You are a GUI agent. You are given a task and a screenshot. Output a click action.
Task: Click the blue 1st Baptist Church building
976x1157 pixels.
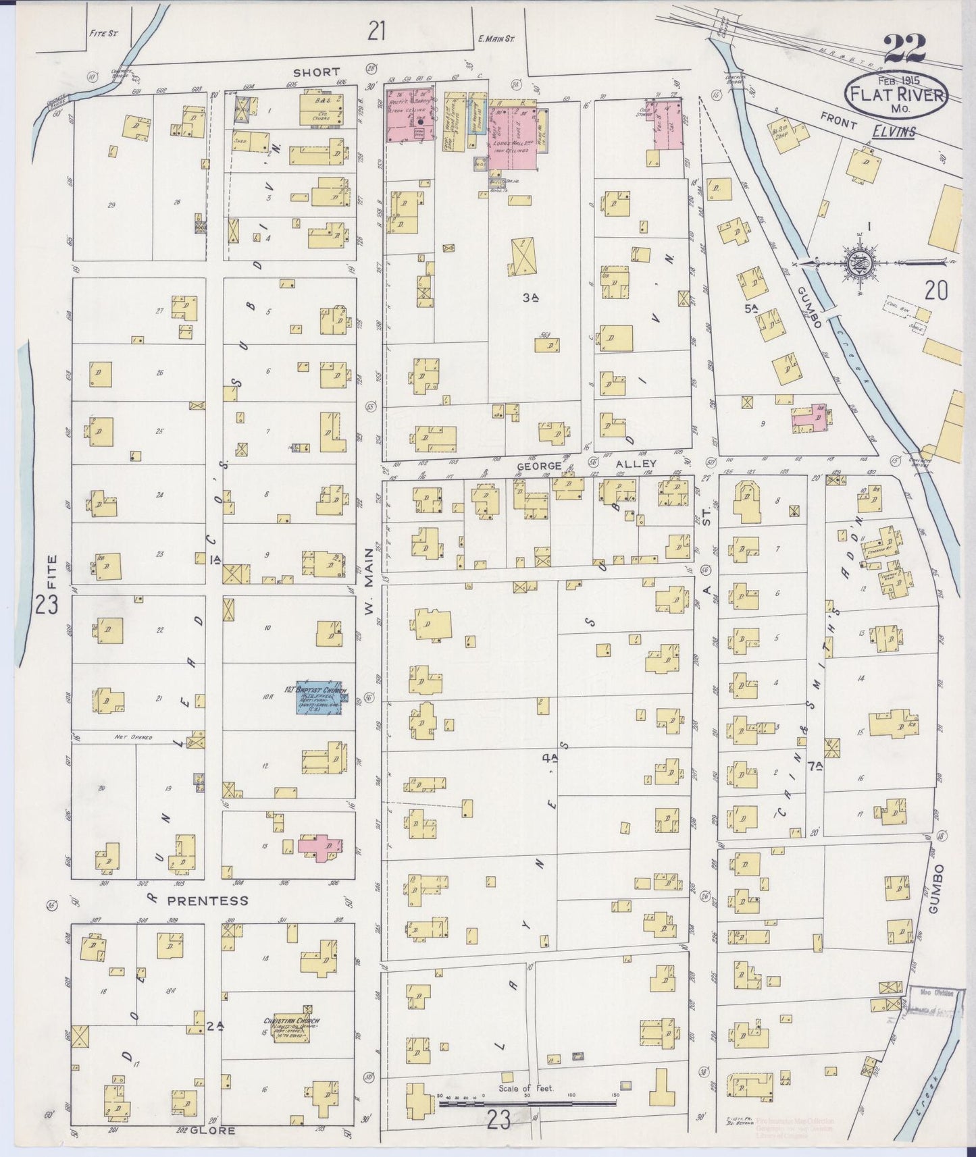pyautogui.click(x=322, y=700)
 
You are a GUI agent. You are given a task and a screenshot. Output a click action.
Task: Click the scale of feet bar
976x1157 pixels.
pyautogui.click(x=528, y=1104)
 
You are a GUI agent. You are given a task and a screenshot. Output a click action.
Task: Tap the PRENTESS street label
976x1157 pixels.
pyautogui.click(x=198, y=900)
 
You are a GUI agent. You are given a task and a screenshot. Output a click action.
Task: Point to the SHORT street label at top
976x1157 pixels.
pyautogui.click(x=315, y=72)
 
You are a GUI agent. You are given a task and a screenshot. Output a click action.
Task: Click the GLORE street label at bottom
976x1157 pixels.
pyautogui.click(x=212, y=1130)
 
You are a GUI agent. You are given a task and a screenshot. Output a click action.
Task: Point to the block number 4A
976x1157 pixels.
pyautogui.click(x=549, y=757)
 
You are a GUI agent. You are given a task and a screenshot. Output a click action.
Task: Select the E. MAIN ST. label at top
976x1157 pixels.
pyautogui.click(x=496, y=39)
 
